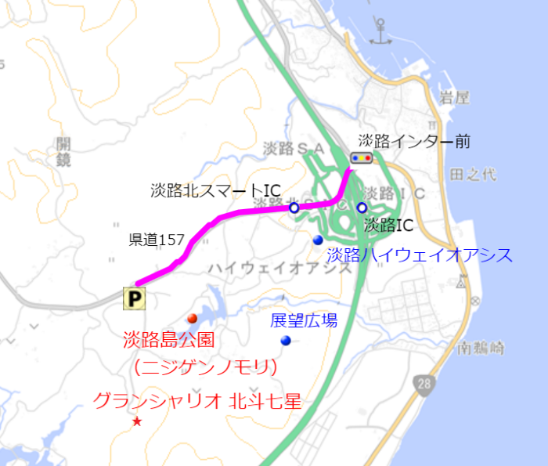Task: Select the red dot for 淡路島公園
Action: (x=192, y=318)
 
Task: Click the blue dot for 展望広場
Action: (x=286, y=340)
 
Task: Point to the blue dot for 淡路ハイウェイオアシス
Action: (x=318, y=239)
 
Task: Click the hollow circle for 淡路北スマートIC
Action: (x=294, y=208)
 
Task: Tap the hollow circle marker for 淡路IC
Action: (x=362, y=208)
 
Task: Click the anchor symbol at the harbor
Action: (x=381, y=33)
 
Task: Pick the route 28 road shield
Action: (x=424, y=382)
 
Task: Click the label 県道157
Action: (x=157, y=240)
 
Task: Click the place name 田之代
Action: (x=474, y=174)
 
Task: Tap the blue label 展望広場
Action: (x=304, y=320)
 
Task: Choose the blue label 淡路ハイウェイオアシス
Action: (x=420, y=255)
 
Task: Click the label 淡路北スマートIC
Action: (x=215, y=190)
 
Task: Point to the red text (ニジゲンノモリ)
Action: (x=207, y=366)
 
